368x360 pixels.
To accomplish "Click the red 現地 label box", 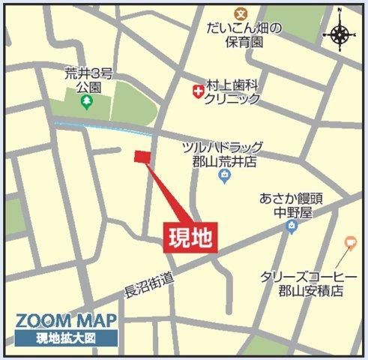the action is coord(191,237).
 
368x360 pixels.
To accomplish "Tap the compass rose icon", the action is coord(341,34).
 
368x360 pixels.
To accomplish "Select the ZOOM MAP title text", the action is coord(65,321).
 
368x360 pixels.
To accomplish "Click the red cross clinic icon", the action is coord(198,91).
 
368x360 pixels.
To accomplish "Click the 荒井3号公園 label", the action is coord(88,80).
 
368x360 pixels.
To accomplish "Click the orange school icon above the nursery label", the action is coord(240,13).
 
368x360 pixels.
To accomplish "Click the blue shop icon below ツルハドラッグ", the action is coord(223,176).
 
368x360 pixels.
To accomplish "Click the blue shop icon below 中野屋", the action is coord(291,226).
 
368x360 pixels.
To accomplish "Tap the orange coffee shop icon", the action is coord(349,242).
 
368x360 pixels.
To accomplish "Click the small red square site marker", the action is coord(142,155).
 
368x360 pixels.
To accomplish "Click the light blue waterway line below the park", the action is coord(97,125).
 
